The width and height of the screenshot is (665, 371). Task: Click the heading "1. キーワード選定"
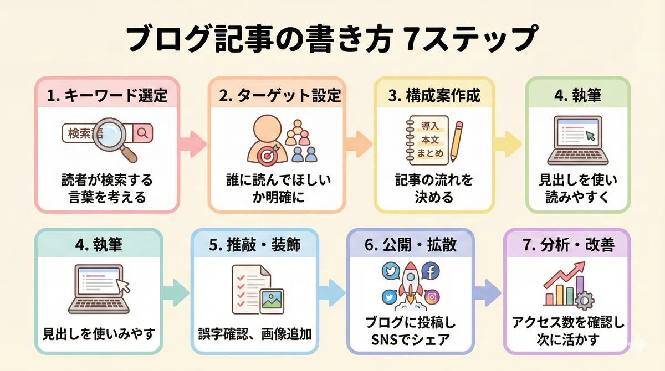click(107, 96)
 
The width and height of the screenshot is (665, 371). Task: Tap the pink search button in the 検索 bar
click(143, 133)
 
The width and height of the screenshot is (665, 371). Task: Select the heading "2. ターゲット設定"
click(280, 96)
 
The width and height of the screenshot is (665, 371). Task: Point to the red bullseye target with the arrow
click(268, 154)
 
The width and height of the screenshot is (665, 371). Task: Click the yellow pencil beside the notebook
click(456, 141)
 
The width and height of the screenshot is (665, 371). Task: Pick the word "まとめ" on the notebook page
click(430, 153)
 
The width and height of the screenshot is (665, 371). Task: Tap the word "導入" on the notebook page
click(430, 126)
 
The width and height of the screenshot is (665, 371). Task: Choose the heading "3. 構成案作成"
click(434, 96)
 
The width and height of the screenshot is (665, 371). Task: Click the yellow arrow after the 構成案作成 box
click(508, 144)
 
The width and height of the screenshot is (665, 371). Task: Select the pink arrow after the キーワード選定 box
click(193, 144)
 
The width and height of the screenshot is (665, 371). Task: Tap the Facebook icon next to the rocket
click(431, 271)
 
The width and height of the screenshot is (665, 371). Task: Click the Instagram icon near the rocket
click(432, 297)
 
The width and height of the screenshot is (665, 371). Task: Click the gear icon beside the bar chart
click(585, 301)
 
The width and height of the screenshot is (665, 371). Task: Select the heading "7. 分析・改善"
click(568, 245)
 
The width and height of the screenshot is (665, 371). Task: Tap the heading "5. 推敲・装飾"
click(255, 245)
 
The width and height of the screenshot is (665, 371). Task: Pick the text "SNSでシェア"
click(411, 339)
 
